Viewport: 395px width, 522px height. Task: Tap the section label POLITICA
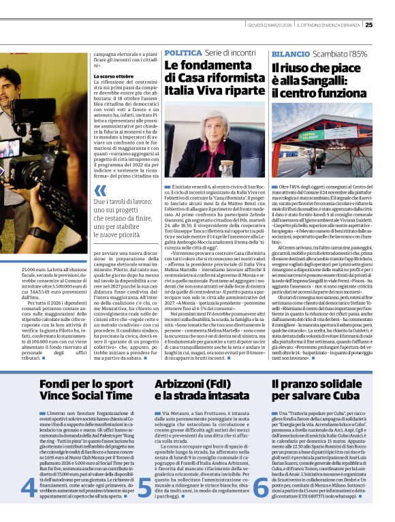point(183,52)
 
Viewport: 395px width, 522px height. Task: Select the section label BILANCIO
point(290,53)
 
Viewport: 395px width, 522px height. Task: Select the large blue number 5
point(144,485)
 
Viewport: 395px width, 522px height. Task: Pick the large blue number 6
point(259,485)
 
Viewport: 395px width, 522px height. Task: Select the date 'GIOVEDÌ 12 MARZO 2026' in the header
point(270,25)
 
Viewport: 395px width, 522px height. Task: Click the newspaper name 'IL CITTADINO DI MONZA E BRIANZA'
point(332,25)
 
